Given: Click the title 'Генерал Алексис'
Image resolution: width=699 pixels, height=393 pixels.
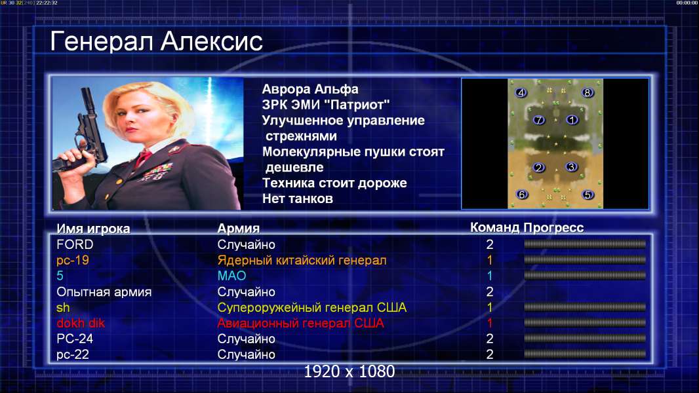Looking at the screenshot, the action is (156, 41).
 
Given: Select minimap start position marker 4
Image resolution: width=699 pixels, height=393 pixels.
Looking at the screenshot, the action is (521, 92).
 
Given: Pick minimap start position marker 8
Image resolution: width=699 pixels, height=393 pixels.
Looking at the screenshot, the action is (587, 92).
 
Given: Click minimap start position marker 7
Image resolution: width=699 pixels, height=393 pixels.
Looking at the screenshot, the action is (539, 120).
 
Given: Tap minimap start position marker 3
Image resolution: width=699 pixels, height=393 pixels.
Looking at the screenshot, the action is (571, 167).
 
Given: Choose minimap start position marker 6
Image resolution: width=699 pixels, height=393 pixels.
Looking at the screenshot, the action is (521, 195).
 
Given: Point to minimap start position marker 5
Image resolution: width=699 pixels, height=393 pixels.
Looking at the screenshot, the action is (588, 195).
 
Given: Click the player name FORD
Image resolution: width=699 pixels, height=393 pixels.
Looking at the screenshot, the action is (75, 244).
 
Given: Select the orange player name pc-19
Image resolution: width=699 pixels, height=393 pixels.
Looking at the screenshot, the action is (73, 260).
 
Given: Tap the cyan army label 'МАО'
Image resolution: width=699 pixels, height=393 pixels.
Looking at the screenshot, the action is (232, 276).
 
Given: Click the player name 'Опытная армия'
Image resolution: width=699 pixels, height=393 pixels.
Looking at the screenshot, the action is (104, 292).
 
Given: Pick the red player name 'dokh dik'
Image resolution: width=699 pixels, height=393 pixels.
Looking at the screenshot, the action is (81, 323).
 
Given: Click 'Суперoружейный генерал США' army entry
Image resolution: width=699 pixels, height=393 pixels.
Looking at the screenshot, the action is (312, 308).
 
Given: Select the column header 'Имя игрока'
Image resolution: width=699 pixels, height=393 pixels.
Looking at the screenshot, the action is (93, 229).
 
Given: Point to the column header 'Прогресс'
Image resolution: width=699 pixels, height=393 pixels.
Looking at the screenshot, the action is (553, 228).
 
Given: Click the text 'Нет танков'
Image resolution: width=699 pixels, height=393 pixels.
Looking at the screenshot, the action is (298, 198).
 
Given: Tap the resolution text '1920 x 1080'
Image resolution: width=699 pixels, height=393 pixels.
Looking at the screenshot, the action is (349, 371).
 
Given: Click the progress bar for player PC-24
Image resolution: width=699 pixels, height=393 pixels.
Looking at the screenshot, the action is (585, 339).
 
